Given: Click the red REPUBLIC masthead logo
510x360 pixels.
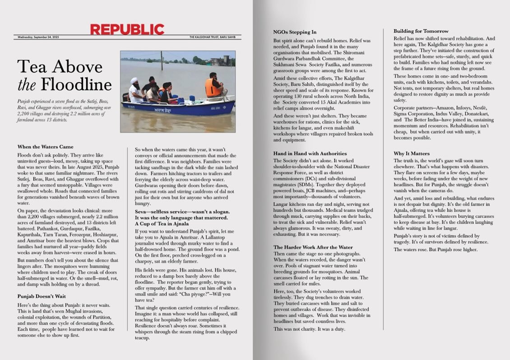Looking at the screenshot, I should pyautogui.click(x=127, y=29).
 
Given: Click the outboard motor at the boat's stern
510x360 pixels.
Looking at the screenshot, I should pyautogui.click(x=126, y=97).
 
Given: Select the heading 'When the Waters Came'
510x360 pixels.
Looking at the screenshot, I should pyautogui.click(x=45, y=147).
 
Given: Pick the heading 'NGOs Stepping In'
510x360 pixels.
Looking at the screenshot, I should pyautogui.click(x=295, y=32).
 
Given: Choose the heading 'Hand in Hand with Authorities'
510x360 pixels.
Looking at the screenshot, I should pyautogui.click(x=310, y=153).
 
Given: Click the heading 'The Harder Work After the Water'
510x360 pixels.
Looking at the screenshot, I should pyautogui.click(x=313, y=247).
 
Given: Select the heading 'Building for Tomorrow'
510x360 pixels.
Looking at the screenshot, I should pyautogui.click(x=421, y=31).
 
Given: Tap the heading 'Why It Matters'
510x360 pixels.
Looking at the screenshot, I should pyautogui.click(x=411, y=153).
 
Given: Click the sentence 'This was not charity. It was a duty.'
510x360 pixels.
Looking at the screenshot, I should pyautogui.click(x=310, y=329).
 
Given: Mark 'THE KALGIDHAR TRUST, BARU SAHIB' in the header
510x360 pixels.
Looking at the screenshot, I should pyautogui.click(x=215, y=37).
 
